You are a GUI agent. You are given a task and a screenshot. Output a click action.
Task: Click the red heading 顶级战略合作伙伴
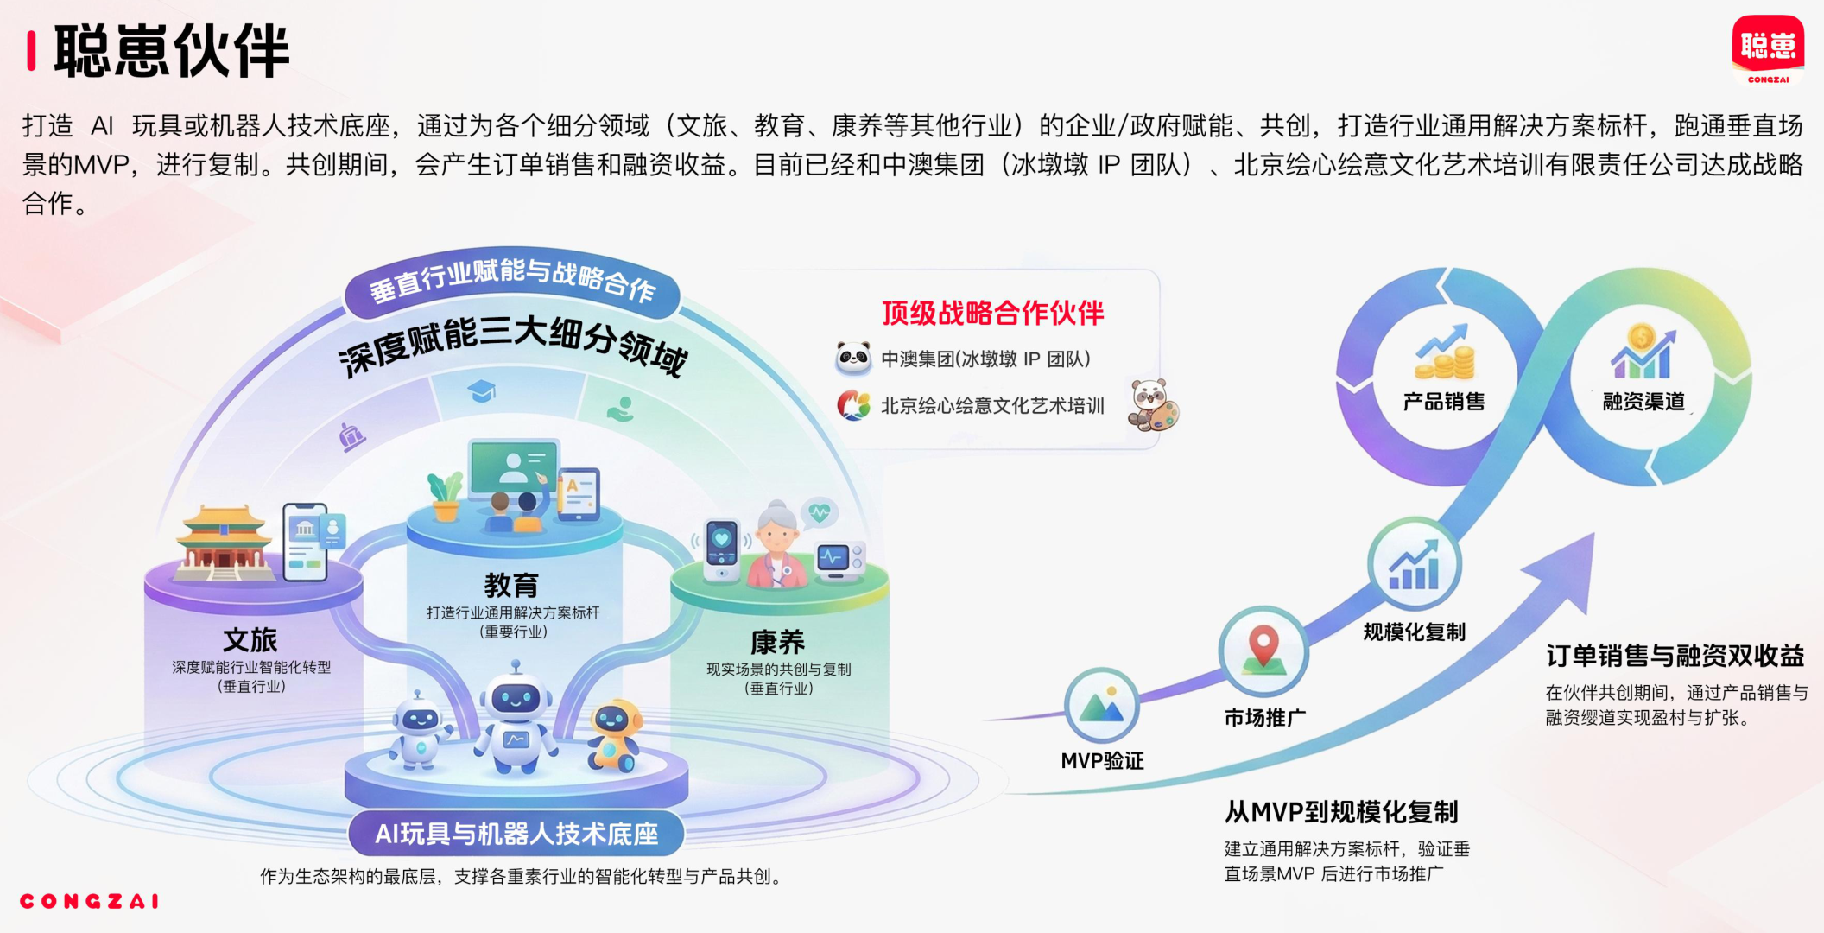(992, 313)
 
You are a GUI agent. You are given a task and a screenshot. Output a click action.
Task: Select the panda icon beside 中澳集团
(853, 358)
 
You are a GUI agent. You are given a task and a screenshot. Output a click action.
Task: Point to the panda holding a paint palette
(1152, 404)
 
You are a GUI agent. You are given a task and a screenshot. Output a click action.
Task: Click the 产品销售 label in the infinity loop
(1443, 402)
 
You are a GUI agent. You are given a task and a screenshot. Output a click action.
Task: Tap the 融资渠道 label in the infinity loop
(1643, 402)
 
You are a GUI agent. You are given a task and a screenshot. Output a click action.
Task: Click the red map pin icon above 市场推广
(1263, 651)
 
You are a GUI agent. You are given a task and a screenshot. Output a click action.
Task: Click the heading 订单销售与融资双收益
(1675, 657)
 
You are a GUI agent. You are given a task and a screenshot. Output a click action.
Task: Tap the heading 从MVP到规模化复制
(1340, 812)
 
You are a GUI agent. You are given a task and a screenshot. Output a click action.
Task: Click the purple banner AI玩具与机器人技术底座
(516, 834)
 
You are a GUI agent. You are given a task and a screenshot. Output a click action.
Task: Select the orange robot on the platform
(615, 734)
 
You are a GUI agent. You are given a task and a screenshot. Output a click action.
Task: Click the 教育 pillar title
(511, 586)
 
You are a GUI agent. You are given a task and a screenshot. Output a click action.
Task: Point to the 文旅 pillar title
(250, 640)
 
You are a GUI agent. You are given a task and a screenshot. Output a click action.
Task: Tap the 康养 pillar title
(777, 642)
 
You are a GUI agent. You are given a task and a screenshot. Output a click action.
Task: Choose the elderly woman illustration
(777, 544)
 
